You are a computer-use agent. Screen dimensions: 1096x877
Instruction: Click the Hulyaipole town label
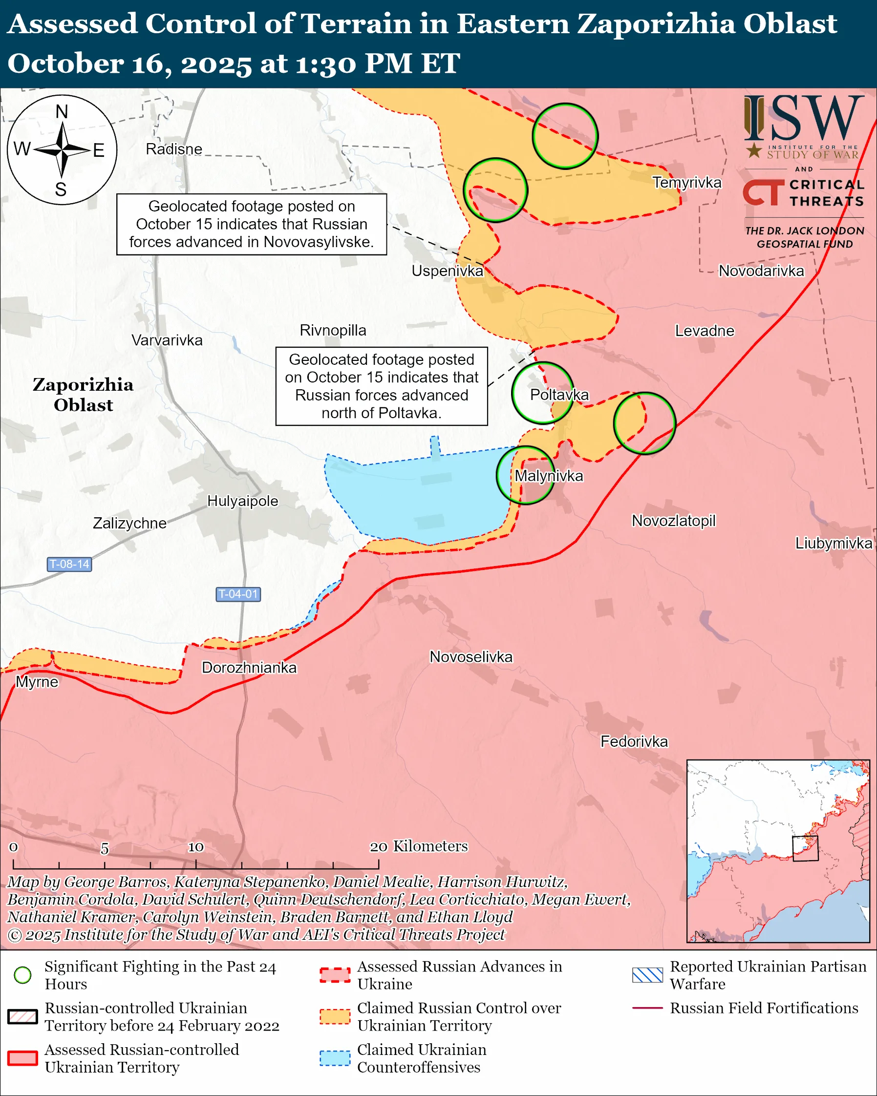coord(242,501)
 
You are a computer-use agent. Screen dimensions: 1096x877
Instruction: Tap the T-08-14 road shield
coord(69,564)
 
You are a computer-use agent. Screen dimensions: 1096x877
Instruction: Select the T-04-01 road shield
coord(238,594)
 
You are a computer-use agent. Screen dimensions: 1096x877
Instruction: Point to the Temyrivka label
coord(686,183)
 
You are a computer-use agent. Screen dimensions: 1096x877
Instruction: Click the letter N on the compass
coord(62,111)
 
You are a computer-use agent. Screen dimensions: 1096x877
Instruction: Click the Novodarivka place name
coord(761,271)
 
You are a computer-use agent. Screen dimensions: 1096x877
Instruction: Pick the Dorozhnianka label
coord(249,667)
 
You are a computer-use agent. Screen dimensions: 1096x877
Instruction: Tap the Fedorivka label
coord(634,741)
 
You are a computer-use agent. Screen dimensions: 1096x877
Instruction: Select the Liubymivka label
coord(834,543)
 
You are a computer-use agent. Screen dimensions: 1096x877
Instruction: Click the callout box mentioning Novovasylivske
coord(251,224)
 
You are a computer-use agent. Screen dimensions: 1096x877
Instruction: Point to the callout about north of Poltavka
coord(381,386)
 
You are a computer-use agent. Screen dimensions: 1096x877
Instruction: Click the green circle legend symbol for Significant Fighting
coord(23,974)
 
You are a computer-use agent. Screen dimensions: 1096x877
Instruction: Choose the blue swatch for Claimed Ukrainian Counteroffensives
coord(335,1058)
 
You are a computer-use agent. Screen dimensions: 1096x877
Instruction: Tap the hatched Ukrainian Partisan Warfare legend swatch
coord(647,974)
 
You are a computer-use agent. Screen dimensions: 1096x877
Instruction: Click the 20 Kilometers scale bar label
coord(418,846)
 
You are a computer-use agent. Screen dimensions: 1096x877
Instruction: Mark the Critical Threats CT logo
coord(763,192)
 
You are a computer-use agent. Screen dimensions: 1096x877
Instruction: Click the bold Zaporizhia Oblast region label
coord(83,395)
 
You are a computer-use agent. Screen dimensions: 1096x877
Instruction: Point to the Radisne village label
coord(174,149)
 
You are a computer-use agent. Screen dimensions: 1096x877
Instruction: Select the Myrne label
coord(37,681)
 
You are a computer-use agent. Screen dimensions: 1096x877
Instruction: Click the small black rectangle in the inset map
coord(805,848)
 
